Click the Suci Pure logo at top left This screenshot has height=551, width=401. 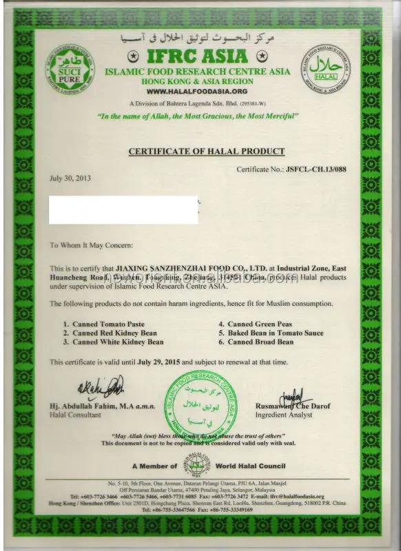(70, 70)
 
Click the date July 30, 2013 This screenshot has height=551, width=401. (70, 178)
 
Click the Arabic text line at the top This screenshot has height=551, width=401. (200, 36)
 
